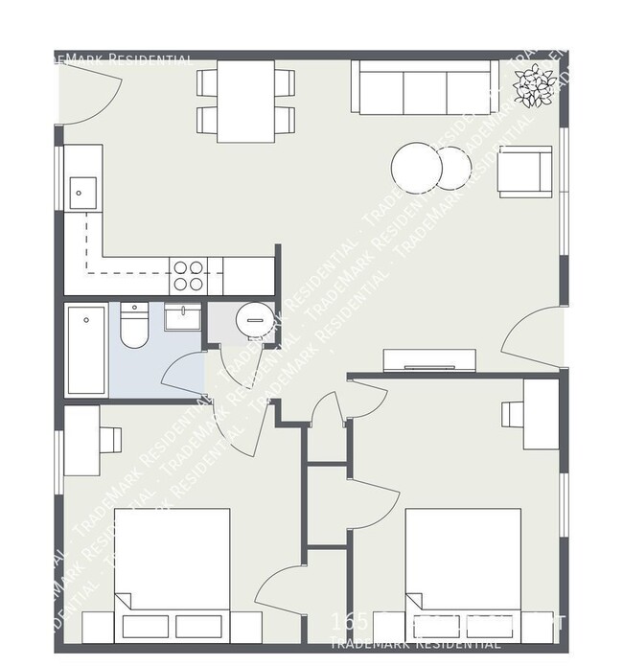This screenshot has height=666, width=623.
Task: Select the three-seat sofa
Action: pos(424,89)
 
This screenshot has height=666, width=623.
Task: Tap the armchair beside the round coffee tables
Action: pos(523,172)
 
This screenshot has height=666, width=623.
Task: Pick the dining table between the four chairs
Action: pos(245,101)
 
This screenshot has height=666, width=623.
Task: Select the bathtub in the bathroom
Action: pos(86,349)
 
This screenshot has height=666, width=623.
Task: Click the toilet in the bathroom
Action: pos(133,329)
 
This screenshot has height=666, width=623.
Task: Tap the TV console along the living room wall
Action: pos(428,361)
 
